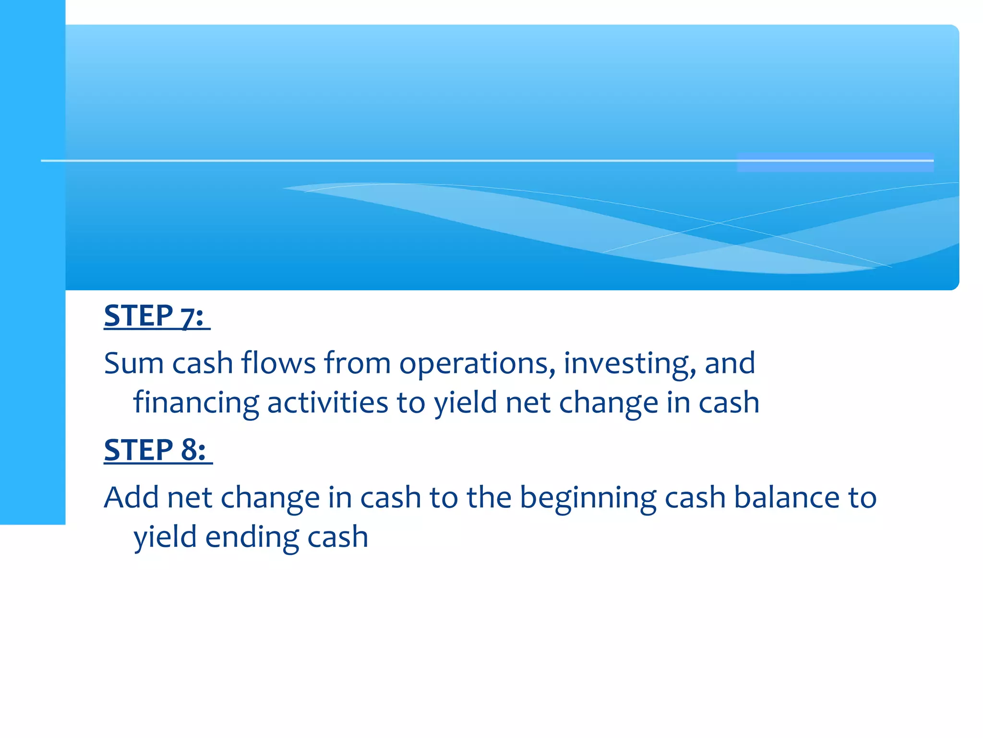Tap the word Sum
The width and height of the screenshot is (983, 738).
[134, 363]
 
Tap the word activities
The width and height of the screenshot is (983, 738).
[327, 403]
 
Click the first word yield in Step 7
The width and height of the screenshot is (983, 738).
[466, 403]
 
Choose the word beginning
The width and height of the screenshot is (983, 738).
[588, 498]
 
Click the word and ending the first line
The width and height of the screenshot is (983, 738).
[730, 363]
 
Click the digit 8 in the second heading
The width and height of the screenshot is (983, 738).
[189, 450]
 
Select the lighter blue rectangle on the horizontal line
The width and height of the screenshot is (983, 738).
[835, 162]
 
